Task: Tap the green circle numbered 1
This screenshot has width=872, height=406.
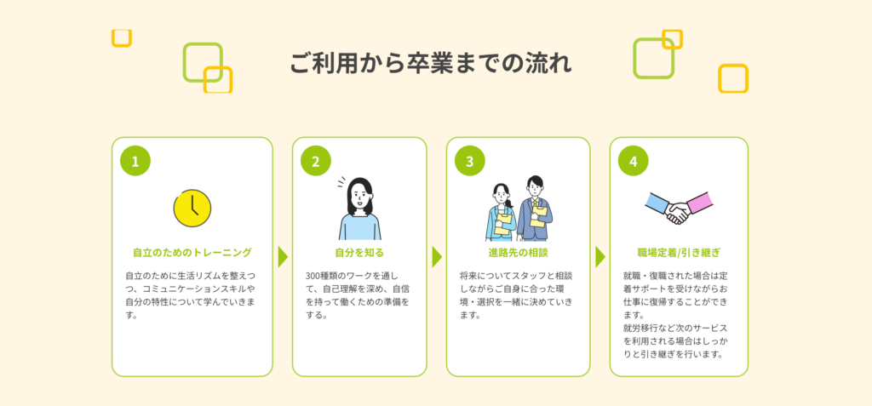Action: (135, 160)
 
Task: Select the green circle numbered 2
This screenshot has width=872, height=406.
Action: (315, 160)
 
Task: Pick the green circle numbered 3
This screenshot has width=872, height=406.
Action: (469, 160)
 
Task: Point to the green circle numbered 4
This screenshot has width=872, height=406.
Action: (633, 160)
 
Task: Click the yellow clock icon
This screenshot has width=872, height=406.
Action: (192, 208)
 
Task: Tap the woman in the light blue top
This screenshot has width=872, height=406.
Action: (359, 210)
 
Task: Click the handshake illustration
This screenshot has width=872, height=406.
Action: (677, 209)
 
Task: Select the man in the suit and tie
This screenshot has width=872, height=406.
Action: (534, 209)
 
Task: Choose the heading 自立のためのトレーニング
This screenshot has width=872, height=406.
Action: (192, 253)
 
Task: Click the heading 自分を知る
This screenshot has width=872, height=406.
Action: (359, 253)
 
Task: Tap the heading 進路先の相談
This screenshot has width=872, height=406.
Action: (518, 253)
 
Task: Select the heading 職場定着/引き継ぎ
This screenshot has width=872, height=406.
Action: (679, 253)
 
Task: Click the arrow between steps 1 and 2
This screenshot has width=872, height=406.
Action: (283, 256)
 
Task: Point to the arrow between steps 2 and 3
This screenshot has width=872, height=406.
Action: (437, 256)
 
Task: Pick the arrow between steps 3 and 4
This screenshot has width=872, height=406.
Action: (599, 256)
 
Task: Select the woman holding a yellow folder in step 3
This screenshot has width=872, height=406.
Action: (502, 213)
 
